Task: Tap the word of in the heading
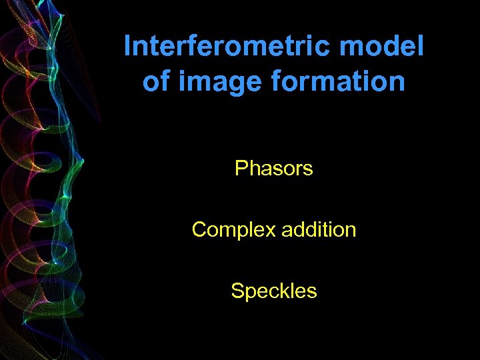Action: pos(155,82)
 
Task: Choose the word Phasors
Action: pos(273,169)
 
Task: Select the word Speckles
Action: pos(273,291)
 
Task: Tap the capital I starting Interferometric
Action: pos(128,47)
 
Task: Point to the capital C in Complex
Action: pos(198,230)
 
